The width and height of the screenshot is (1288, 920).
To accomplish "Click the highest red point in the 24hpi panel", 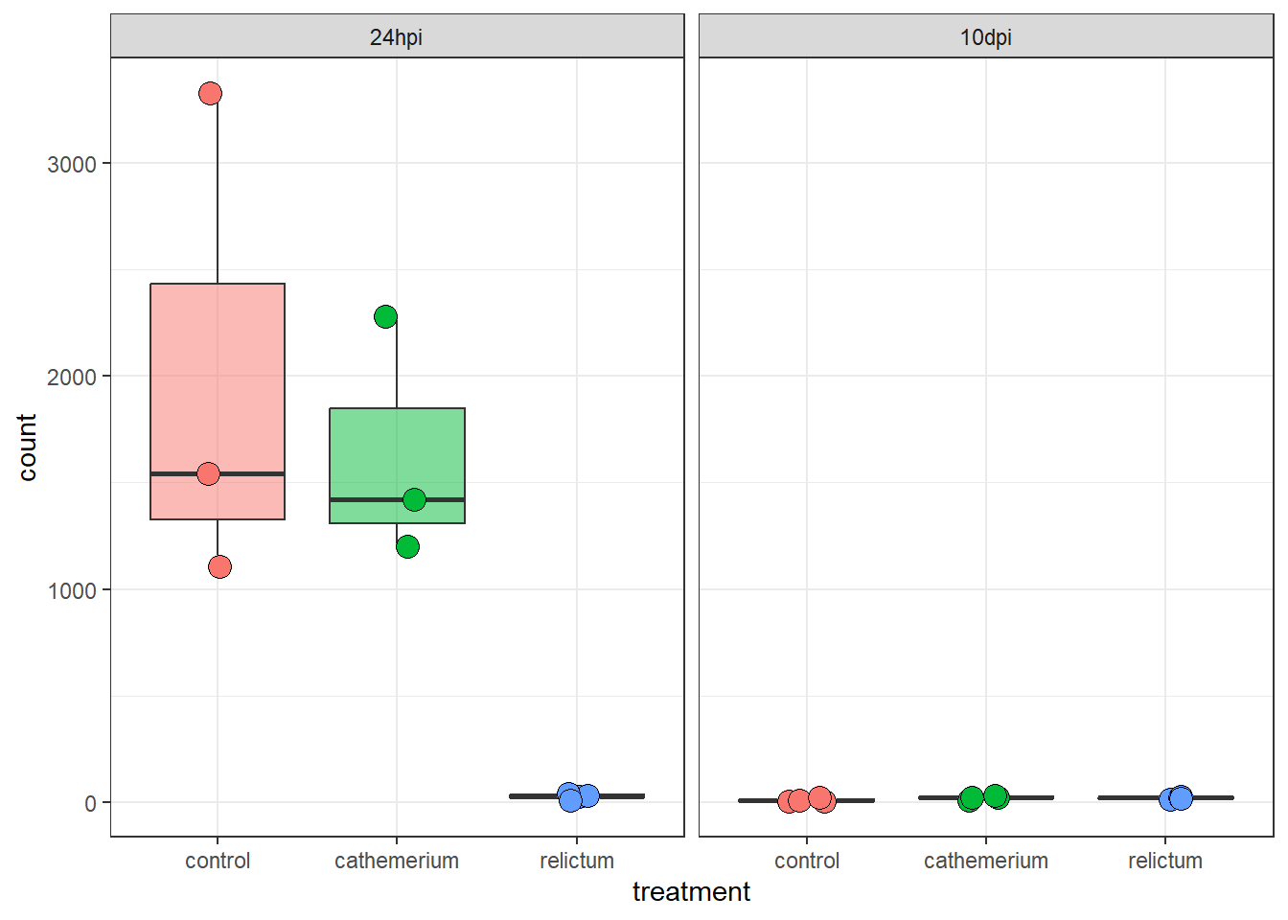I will click(x=210, y=93).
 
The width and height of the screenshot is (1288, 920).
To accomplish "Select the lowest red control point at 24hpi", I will click(x=219, y=567).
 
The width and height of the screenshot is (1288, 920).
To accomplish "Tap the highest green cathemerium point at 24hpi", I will click(x=385, y=316).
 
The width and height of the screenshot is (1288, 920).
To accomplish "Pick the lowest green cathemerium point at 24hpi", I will click(x=407, y=546).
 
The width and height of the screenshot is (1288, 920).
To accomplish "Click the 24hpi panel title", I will click(x=396, y=37).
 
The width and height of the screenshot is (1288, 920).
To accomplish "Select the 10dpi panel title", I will click(x=985, y=37).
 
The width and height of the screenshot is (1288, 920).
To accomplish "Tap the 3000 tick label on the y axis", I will click(x=72, y=164).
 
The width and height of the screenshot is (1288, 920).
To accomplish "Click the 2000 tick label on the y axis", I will click(x=72, y=377).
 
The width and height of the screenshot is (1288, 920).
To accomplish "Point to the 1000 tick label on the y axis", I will click(x=72, y=590).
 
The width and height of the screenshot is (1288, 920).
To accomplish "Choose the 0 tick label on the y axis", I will click(x=90, y=803).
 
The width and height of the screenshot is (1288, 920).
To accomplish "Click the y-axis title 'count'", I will click(x=27, y=447).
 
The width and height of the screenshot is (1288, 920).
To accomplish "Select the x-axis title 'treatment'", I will click(x=691, y=892).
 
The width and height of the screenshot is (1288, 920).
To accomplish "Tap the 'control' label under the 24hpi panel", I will click(x=218, y=861).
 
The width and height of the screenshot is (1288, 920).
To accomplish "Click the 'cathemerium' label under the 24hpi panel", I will click(x=397, y=861).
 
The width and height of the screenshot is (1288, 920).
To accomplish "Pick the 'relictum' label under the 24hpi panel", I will click(x=577, y=861).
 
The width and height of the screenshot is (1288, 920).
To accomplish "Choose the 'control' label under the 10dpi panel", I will click(x=807, y=861).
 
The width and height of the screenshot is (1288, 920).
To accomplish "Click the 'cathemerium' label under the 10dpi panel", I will click(x=986, y=861).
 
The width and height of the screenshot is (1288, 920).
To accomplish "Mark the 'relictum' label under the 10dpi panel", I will click(x=1165, y=861).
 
